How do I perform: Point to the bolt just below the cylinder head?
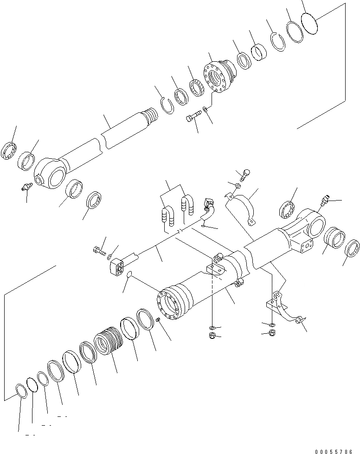coord(194,116)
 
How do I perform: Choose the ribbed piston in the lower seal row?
coord(108,344)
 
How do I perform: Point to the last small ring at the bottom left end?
coord(21,392)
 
